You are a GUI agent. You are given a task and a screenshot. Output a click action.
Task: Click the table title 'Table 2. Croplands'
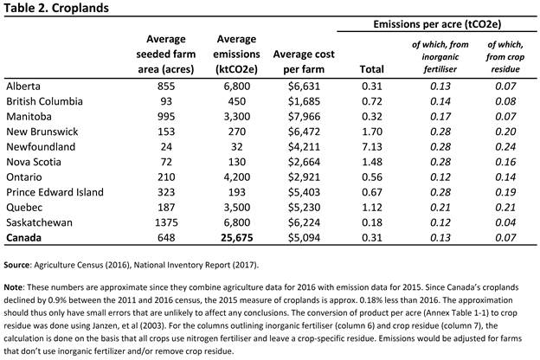point(56,8)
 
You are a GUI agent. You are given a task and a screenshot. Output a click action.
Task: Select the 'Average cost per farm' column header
point(304,61)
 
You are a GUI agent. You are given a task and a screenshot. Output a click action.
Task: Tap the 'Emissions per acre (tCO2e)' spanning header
point(437,24)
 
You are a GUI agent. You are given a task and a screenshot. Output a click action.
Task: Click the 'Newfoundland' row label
point(41,147)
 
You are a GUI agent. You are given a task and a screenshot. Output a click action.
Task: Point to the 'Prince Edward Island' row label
point(55,192)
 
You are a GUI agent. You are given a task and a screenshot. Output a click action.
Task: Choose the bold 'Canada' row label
point(23,238)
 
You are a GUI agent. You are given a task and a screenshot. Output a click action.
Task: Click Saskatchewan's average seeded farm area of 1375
point(166,222)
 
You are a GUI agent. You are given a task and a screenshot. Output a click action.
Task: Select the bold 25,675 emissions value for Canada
point(237,238)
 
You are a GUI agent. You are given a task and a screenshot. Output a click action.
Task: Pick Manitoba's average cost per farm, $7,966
point(304,117)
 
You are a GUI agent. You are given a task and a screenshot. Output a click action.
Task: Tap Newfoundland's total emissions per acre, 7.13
point(372,147)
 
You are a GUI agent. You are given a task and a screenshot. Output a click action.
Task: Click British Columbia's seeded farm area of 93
point(166,101)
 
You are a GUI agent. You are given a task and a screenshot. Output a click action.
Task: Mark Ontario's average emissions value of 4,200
point(237,177)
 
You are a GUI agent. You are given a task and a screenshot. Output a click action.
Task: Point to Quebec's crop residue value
point(505,208)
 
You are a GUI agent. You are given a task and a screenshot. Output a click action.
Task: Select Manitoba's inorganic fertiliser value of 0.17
point(440,117)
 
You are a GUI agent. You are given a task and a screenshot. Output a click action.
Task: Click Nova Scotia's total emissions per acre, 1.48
point(372,162)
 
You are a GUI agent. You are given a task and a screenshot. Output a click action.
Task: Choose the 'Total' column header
point(371,69)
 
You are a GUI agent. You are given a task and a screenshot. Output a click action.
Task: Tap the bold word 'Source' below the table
point(17,265)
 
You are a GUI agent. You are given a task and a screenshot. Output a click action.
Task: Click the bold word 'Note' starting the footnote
point(13,287)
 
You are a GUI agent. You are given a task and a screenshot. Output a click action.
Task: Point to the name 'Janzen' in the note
point(105,325)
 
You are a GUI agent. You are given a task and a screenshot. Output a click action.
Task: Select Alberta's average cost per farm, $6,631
point(304,87)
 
